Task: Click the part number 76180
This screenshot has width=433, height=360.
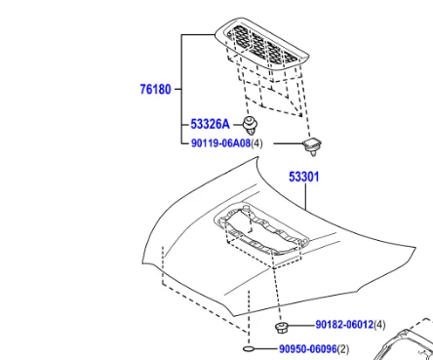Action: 155,89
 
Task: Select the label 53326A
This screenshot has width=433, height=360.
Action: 210,124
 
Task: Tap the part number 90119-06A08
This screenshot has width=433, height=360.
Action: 220,143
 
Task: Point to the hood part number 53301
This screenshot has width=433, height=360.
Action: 304,177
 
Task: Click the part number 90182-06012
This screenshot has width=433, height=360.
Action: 344,325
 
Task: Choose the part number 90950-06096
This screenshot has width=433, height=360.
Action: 308,349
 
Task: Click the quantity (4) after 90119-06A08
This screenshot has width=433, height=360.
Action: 256,143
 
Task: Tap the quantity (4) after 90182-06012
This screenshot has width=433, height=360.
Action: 379,325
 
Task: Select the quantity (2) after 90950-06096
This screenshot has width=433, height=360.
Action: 343,349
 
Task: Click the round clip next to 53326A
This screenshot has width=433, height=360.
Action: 250,126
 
